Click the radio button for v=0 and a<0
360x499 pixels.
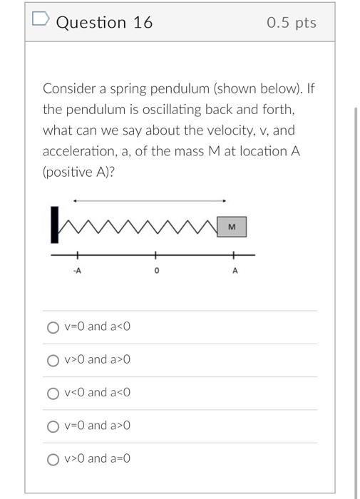click(x=52, y=328)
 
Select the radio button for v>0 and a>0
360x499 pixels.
click(x=52, y=361)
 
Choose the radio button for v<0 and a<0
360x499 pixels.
click(x=52, y=393)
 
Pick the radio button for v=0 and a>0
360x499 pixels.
click(x=52, y=426)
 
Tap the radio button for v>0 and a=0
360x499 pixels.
click(x=52, y=459)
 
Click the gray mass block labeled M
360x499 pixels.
click(x=231, y=227)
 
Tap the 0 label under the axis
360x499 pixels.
click(x=156, y=272)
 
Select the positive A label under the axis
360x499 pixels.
click(x=235, y=272)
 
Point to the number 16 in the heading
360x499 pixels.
click(x=143, y=23)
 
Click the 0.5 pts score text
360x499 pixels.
click(x=292, y=23)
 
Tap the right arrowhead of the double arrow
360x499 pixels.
click(x=225, y=201)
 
